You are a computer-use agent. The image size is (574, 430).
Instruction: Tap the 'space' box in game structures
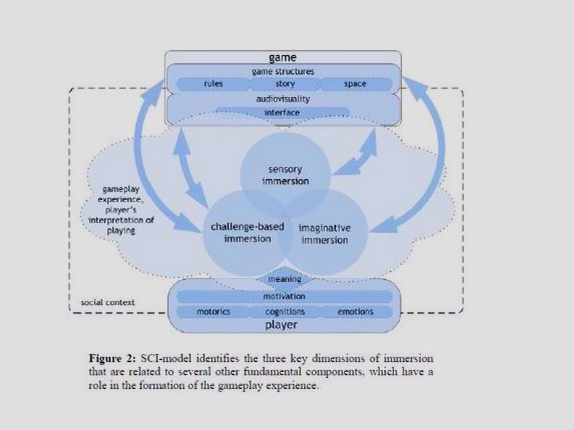(x=355, y=84)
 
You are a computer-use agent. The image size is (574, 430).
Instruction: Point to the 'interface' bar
(x=283, y=113)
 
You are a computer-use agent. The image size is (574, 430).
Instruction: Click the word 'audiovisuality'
(x=283, y=99)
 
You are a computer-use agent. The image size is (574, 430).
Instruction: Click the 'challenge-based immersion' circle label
(x=247, y=232)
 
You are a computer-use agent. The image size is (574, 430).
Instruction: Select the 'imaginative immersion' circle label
(x=325, y=234)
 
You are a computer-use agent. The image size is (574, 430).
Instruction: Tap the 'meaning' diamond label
(x=285, y=279)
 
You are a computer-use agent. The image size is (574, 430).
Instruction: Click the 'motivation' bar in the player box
(x=284, y=296)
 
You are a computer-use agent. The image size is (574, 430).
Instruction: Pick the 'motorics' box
(x=213, y=311)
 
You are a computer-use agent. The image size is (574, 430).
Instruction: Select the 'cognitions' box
(x=285, y=311)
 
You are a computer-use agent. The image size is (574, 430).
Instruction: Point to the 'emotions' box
(x=355, y=311)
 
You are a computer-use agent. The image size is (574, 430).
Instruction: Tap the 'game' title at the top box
(x=283, y=58)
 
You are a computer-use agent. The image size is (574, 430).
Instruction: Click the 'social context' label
(x=108, y=302)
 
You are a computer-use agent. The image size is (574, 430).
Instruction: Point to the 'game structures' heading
(x=283, y=71)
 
